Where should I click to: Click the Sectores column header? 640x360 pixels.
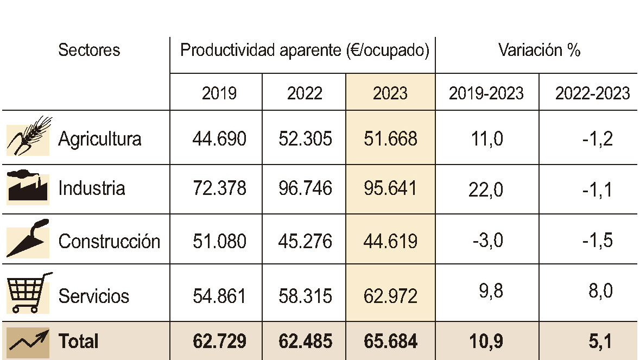point(89,50)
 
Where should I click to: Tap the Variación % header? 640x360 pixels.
point(539,50)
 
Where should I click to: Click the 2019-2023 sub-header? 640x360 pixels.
point(486,93)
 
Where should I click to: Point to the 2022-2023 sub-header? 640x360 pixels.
point(592,93)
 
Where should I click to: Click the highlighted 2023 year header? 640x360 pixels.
point(390,93)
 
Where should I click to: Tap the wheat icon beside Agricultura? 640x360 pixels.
point(29,136)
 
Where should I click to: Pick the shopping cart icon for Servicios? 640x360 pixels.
point(28,293)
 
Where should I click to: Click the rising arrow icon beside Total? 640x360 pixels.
point(28,340)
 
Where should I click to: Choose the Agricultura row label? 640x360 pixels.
point(100,139)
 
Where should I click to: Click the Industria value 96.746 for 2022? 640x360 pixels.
point(305,188)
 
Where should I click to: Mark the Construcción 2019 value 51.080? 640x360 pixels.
point(219,241)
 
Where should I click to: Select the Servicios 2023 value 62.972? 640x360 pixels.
point(390,296)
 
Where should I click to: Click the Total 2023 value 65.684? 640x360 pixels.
point(390,342)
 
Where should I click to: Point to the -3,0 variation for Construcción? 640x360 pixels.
point(487,240)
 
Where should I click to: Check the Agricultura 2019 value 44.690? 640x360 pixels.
point(219,139)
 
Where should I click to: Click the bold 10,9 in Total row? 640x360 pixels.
point(487,342)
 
